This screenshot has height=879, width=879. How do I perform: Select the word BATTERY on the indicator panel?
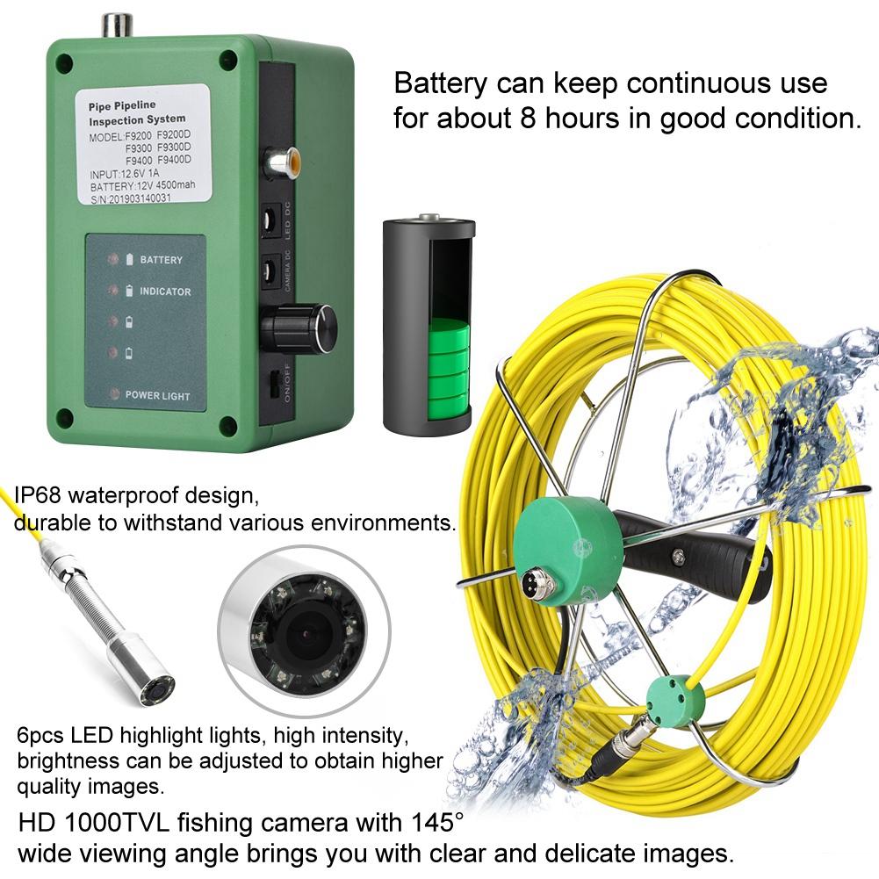tap(162, 260)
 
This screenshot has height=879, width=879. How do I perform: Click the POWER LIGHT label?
tap(158, 395)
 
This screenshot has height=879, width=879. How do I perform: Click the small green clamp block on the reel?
tap(671, 699)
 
